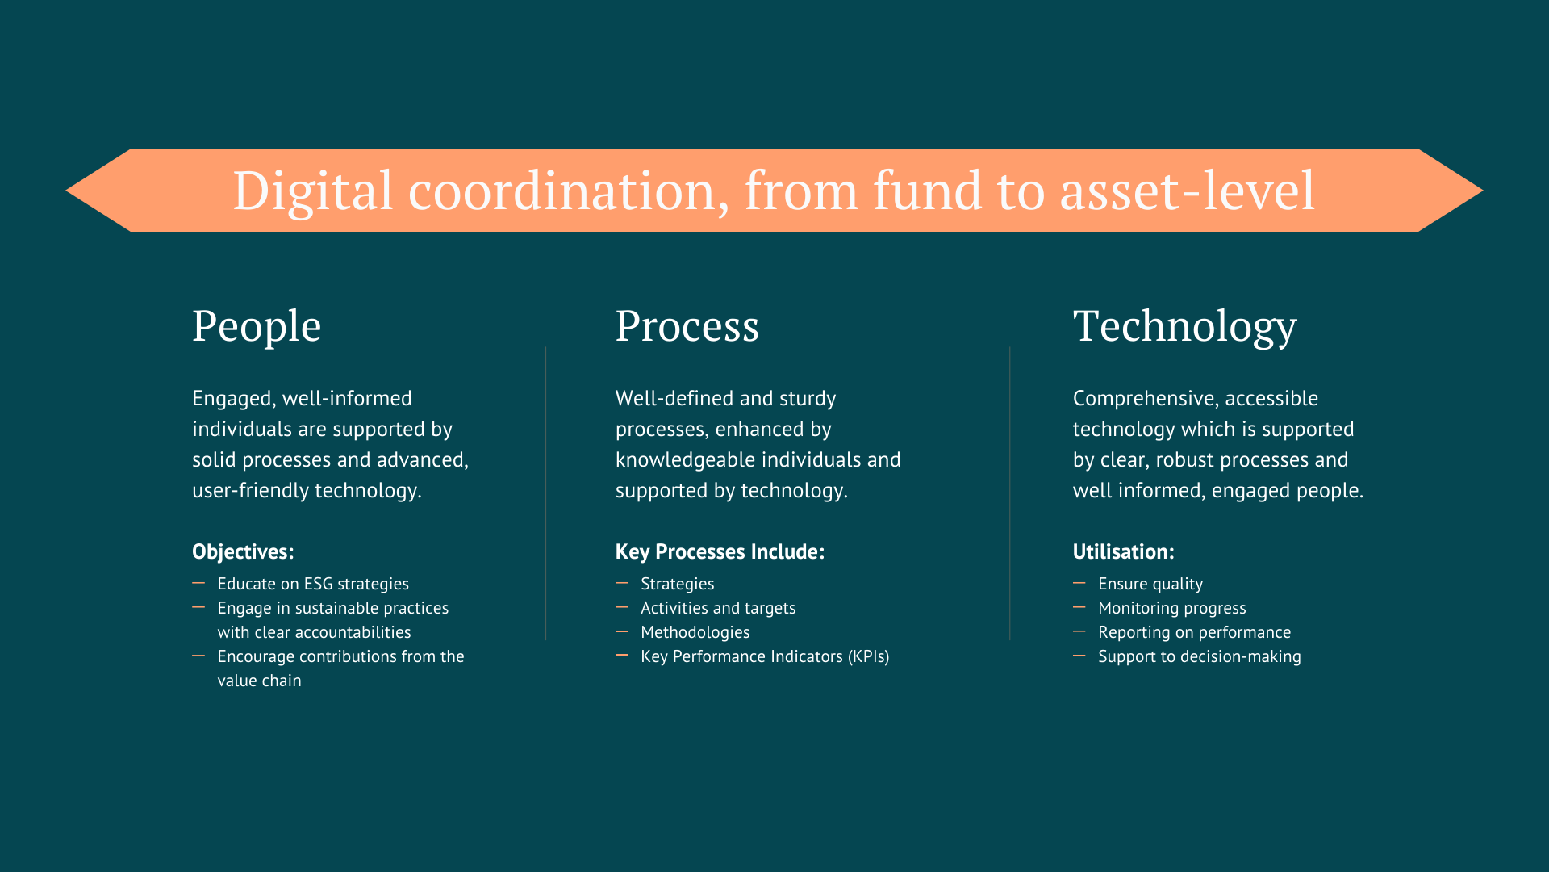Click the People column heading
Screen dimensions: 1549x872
tap(257, 327)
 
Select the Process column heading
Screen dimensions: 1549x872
tap(687, 326)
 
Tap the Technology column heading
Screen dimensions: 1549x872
tap(1184, 327)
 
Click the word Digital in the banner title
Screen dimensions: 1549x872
tap(313, 191)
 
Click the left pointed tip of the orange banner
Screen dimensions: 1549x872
tap(66, 191)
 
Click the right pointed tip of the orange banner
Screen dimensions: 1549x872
tap(1483, 191)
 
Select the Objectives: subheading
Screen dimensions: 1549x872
tap(243, 551)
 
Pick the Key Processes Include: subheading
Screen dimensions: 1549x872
tap(720, 551)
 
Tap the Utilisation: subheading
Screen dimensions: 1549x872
tap(1123, 551)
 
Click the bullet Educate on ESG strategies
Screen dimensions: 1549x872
tap(313, 584)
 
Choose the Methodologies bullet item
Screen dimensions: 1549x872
tap(695, 632)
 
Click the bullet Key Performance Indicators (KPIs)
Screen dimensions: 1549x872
tap(765, 656)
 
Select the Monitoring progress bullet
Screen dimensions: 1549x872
tap(1172, 608)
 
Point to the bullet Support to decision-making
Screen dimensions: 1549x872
tap(1200, 656)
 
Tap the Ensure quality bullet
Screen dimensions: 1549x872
tap(1150, 584)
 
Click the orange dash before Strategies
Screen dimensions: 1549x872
tap(622, 582)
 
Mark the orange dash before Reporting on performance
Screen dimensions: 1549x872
tap(1079, 631)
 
